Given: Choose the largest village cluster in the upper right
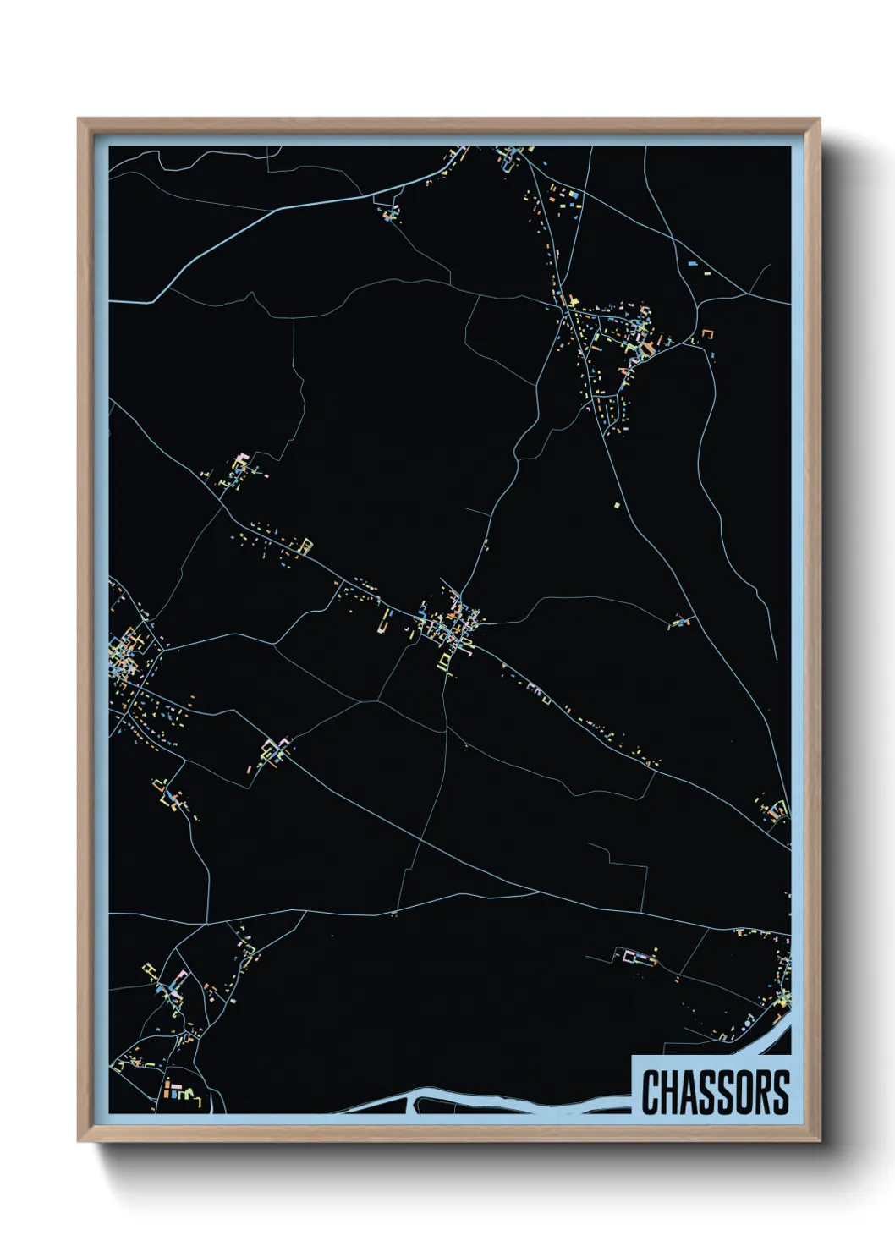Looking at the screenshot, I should pyautogui.click(x=618, y=338).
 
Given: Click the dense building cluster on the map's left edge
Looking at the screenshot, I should pyautogui.click(x=127, y=651).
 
